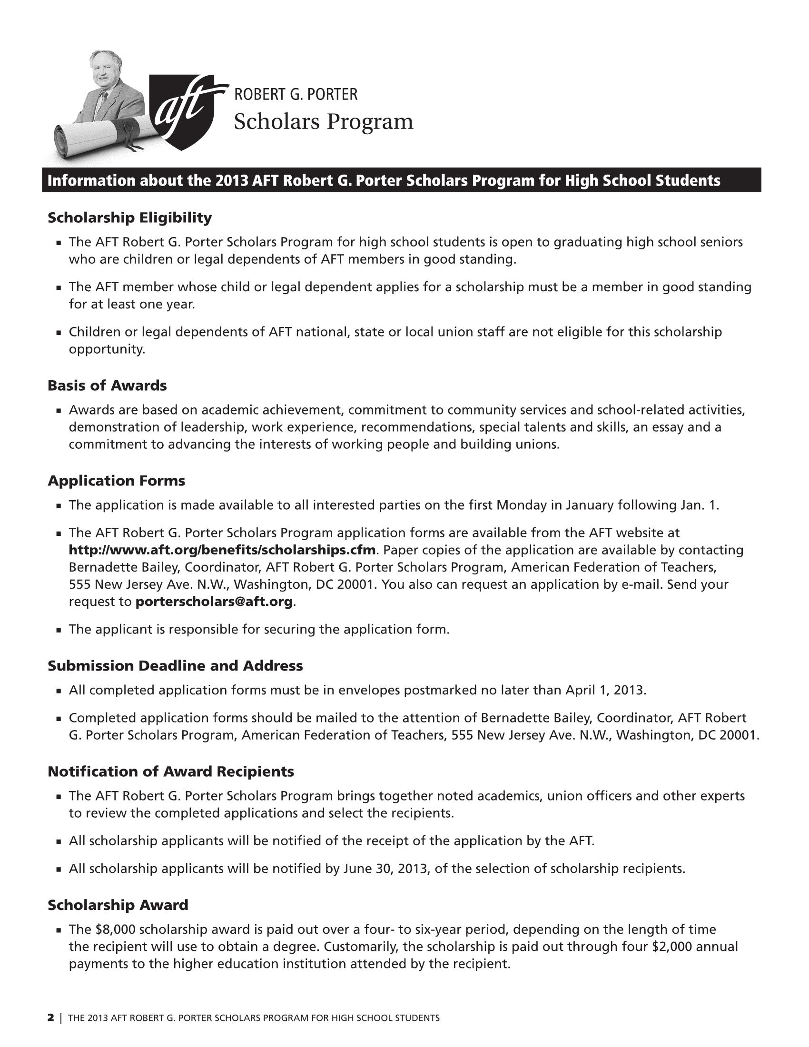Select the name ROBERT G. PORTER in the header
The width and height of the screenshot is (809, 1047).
coord(295,94)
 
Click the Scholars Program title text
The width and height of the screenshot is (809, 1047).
coord(323,122)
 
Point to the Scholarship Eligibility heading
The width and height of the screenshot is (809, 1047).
coord(129,218)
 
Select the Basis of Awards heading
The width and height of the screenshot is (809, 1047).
coord(107,385)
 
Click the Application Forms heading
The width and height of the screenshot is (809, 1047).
coord(116,481)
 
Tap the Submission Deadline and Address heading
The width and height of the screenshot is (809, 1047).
coord(175,666)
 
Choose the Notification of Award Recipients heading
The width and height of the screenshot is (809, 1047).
coord(171,771)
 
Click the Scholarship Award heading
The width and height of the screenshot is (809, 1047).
coord(118,905)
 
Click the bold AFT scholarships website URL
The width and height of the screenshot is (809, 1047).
coord(222,550)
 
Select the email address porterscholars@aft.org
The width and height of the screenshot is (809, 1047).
coord(214,602)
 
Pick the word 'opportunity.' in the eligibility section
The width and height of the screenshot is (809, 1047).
coord(107,349)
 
